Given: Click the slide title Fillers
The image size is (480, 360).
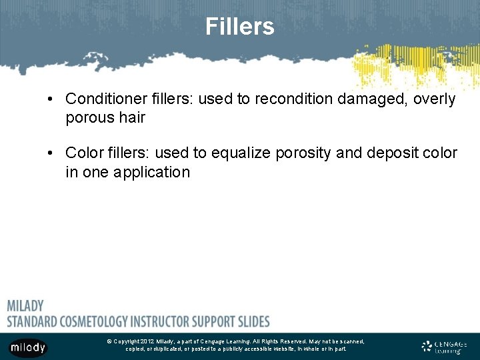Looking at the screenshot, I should (x=239, y=27).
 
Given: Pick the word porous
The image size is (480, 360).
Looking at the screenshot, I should (x=89, y=118).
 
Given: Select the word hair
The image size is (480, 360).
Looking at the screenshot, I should (x=131, y=118).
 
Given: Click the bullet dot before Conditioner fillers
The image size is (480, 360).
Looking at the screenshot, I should (x=51, y=100).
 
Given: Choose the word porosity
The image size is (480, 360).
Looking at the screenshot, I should (x=303, y=153).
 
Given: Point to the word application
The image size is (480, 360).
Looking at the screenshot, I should (x=151, y=172).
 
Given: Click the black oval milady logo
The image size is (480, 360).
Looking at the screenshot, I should (x=28, y=347).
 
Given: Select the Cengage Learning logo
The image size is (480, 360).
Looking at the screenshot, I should (x=444, y=346).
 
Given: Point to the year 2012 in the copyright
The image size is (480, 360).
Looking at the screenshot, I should (x=147, y=341).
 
